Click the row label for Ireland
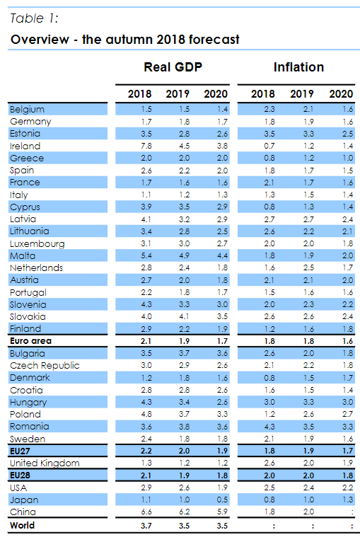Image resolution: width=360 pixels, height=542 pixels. (x=25, y=146)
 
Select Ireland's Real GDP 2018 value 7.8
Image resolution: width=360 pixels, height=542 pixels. (x=146, y=146)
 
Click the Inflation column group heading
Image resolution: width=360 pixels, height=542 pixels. (x=298, y=68)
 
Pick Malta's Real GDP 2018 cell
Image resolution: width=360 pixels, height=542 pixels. (x=146, y=255)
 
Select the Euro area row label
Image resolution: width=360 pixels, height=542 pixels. (x=30, y=341)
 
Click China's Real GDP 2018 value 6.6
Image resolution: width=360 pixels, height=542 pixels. (x=146, y=512)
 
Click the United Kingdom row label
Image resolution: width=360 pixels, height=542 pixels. (x=45, y=463)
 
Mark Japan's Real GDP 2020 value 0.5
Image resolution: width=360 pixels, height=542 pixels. (x=222, y=500)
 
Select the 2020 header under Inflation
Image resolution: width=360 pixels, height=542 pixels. (x=341, y=94)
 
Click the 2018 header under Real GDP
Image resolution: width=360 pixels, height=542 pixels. (x=139, y=94)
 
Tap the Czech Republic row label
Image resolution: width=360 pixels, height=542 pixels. (x=44, y=366)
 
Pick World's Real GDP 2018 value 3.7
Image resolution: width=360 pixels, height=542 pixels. (x=146, y=526)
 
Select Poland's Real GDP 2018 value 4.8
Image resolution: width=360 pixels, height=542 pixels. (x=146, y=414)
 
